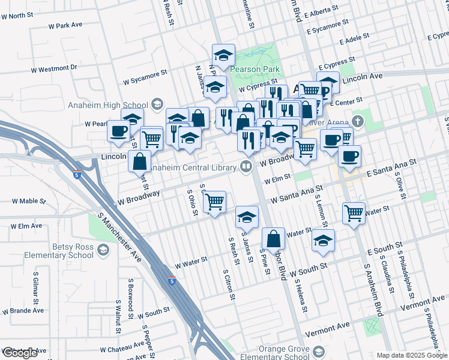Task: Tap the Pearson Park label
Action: [255, 69]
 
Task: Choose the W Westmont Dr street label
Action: [54, 68]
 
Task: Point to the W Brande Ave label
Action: [22, 311]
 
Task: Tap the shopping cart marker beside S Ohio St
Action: [214, 202]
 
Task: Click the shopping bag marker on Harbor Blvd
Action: [273, 238]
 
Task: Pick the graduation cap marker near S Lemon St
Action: [324, 240]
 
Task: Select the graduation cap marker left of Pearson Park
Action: [223, 56]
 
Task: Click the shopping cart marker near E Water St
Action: [354, 212]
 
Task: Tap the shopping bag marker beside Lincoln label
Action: [139, 161]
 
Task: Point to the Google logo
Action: [20, 353]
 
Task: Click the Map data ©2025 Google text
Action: [412, 355]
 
